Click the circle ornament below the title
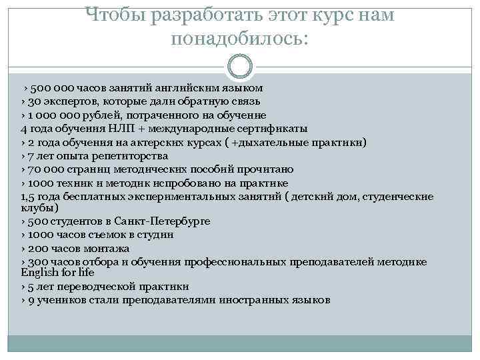pos(240,67)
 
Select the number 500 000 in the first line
pos(53,88)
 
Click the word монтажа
pos(102,248)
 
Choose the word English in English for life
pos(39,273)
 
